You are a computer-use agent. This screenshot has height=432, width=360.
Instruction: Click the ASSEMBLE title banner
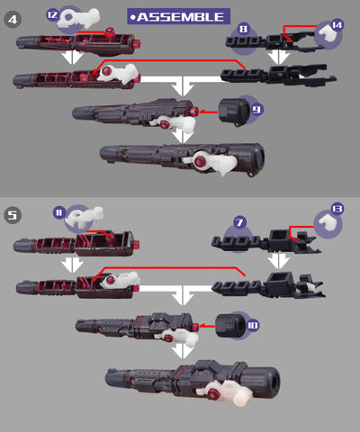[178, 16]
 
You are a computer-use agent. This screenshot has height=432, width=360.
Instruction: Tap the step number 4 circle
[13, 20]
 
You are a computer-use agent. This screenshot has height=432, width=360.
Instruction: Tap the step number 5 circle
[13, 215]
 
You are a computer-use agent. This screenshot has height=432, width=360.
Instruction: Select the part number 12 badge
[52, 14]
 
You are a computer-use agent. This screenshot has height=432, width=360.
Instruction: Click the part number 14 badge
[337, 25]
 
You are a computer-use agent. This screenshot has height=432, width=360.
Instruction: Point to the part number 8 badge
[243, 29]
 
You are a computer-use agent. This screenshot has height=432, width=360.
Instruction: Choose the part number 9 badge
[256, 110]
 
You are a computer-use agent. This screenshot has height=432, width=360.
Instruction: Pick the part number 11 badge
[59, 212]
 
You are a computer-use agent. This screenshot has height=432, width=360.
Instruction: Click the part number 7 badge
[239, 222]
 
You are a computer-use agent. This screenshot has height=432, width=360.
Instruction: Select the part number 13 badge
[337, 209]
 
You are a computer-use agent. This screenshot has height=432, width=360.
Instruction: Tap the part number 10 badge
[253, 325]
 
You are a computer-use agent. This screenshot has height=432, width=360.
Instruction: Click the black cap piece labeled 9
[234, 112]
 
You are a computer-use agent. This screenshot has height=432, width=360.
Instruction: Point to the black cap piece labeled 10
[230, 326]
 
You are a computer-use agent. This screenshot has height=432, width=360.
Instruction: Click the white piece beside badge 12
[78, 18]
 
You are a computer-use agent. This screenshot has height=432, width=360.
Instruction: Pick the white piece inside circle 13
[328, 223]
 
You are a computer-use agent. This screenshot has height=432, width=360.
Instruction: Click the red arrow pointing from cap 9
[208, 112]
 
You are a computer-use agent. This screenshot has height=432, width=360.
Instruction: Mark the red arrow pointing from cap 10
[207, 326]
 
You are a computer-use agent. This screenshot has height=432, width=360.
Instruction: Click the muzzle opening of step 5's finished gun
[274, 382]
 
